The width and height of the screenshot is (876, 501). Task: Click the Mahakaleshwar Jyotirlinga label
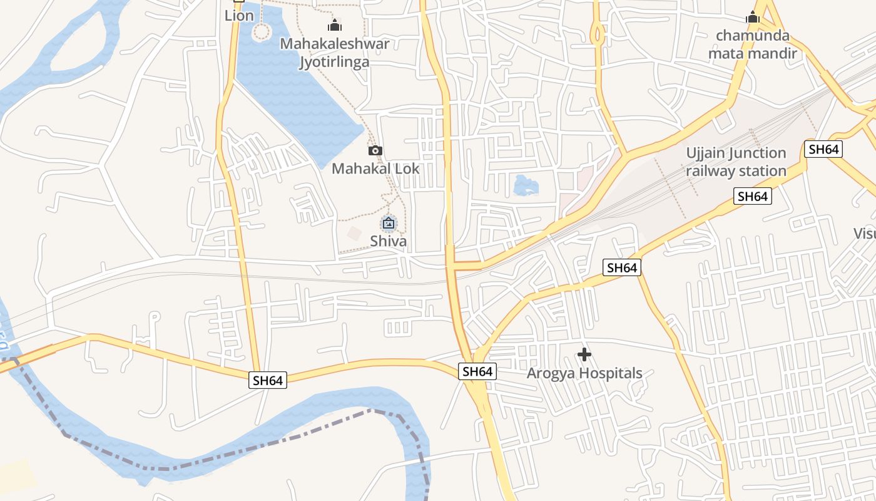pyautogui.click(x=334, y=53)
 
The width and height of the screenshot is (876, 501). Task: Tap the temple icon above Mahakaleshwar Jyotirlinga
pyautogui.click(x=335, y=26)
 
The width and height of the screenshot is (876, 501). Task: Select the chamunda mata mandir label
pyautogui.click(x=752, y=44)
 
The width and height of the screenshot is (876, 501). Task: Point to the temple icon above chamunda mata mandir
pyautogui.click(x=753, y=17)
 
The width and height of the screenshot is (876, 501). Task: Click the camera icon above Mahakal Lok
pyautogui.click(x=375, y=150)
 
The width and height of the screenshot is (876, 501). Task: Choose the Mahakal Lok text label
pyautogui.click(x=375, y=168)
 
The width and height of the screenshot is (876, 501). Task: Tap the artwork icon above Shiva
pyautogui.click(x=389, y=223)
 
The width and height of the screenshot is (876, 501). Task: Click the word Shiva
pyautogui.click(x=388, y=241)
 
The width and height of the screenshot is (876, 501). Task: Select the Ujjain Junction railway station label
pyautogui.click(x=736, y=162)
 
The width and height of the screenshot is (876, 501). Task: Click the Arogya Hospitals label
pyautogui.click(x=584, y=373)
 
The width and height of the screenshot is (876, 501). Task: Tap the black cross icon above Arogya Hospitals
pyautogui.click(x=584, y=355)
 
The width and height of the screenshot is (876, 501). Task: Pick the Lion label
pyautogui.click(x=239, y=16)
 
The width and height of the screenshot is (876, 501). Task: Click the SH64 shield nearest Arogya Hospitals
pyautogui.click(x=477, y=371)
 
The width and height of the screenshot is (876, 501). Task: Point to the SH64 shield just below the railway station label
pyautogui.click(x=752, y=196)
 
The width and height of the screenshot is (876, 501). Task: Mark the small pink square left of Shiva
pyautogui.click(x=354, y=234)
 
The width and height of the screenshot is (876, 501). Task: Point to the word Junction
pyautogui.click(x=756, y=153)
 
